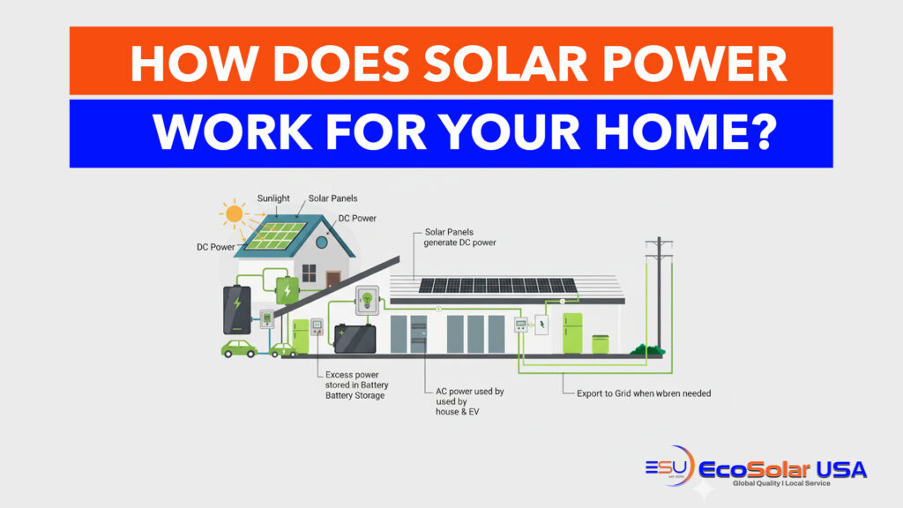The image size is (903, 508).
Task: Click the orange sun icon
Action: [235, 214]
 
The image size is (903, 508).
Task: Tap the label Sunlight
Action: [273, 198]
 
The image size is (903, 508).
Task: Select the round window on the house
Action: [321, 243]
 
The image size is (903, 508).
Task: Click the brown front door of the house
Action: [333, 280]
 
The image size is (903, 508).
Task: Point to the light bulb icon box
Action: [367, 300]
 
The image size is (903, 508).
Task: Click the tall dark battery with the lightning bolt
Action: [236, 310]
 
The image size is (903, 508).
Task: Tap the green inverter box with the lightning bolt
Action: [287, 290]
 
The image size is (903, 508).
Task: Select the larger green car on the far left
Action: [239, 349]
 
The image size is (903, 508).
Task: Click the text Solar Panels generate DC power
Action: [459, 237]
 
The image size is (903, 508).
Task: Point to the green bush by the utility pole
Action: [647, 349]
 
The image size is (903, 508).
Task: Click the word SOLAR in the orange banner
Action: [505, 63]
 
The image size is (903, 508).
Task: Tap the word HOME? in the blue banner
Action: [686, 132]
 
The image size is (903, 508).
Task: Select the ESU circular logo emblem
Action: [670, 466]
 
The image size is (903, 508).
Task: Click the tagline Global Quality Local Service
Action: [781, 483]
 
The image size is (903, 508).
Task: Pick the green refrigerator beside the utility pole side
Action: [572, 333]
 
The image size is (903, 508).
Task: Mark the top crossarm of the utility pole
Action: [659, 243]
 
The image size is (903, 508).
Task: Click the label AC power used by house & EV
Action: [469, 401]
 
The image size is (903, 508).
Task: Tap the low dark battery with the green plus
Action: [355, 339]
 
